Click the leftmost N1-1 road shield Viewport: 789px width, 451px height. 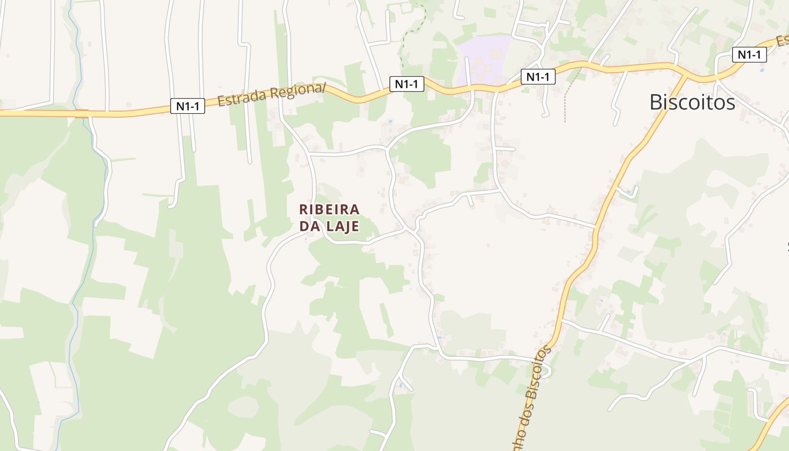pos(188,106)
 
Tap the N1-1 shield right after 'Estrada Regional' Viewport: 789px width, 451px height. pos(406,84)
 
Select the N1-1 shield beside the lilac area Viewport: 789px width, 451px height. pos(538,77)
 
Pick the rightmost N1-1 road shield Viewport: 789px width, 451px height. pos(750,55)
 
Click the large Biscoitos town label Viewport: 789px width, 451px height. pos(692,102)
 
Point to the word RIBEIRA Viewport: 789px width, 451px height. pos(329,209)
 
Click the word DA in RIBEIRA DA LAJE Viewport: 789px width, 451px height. pos(309,226)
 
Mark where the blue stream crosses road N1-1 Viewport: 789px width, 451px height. pos(82,113)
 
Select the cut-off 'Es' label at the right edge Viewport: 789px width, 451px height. pos(782,41)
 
